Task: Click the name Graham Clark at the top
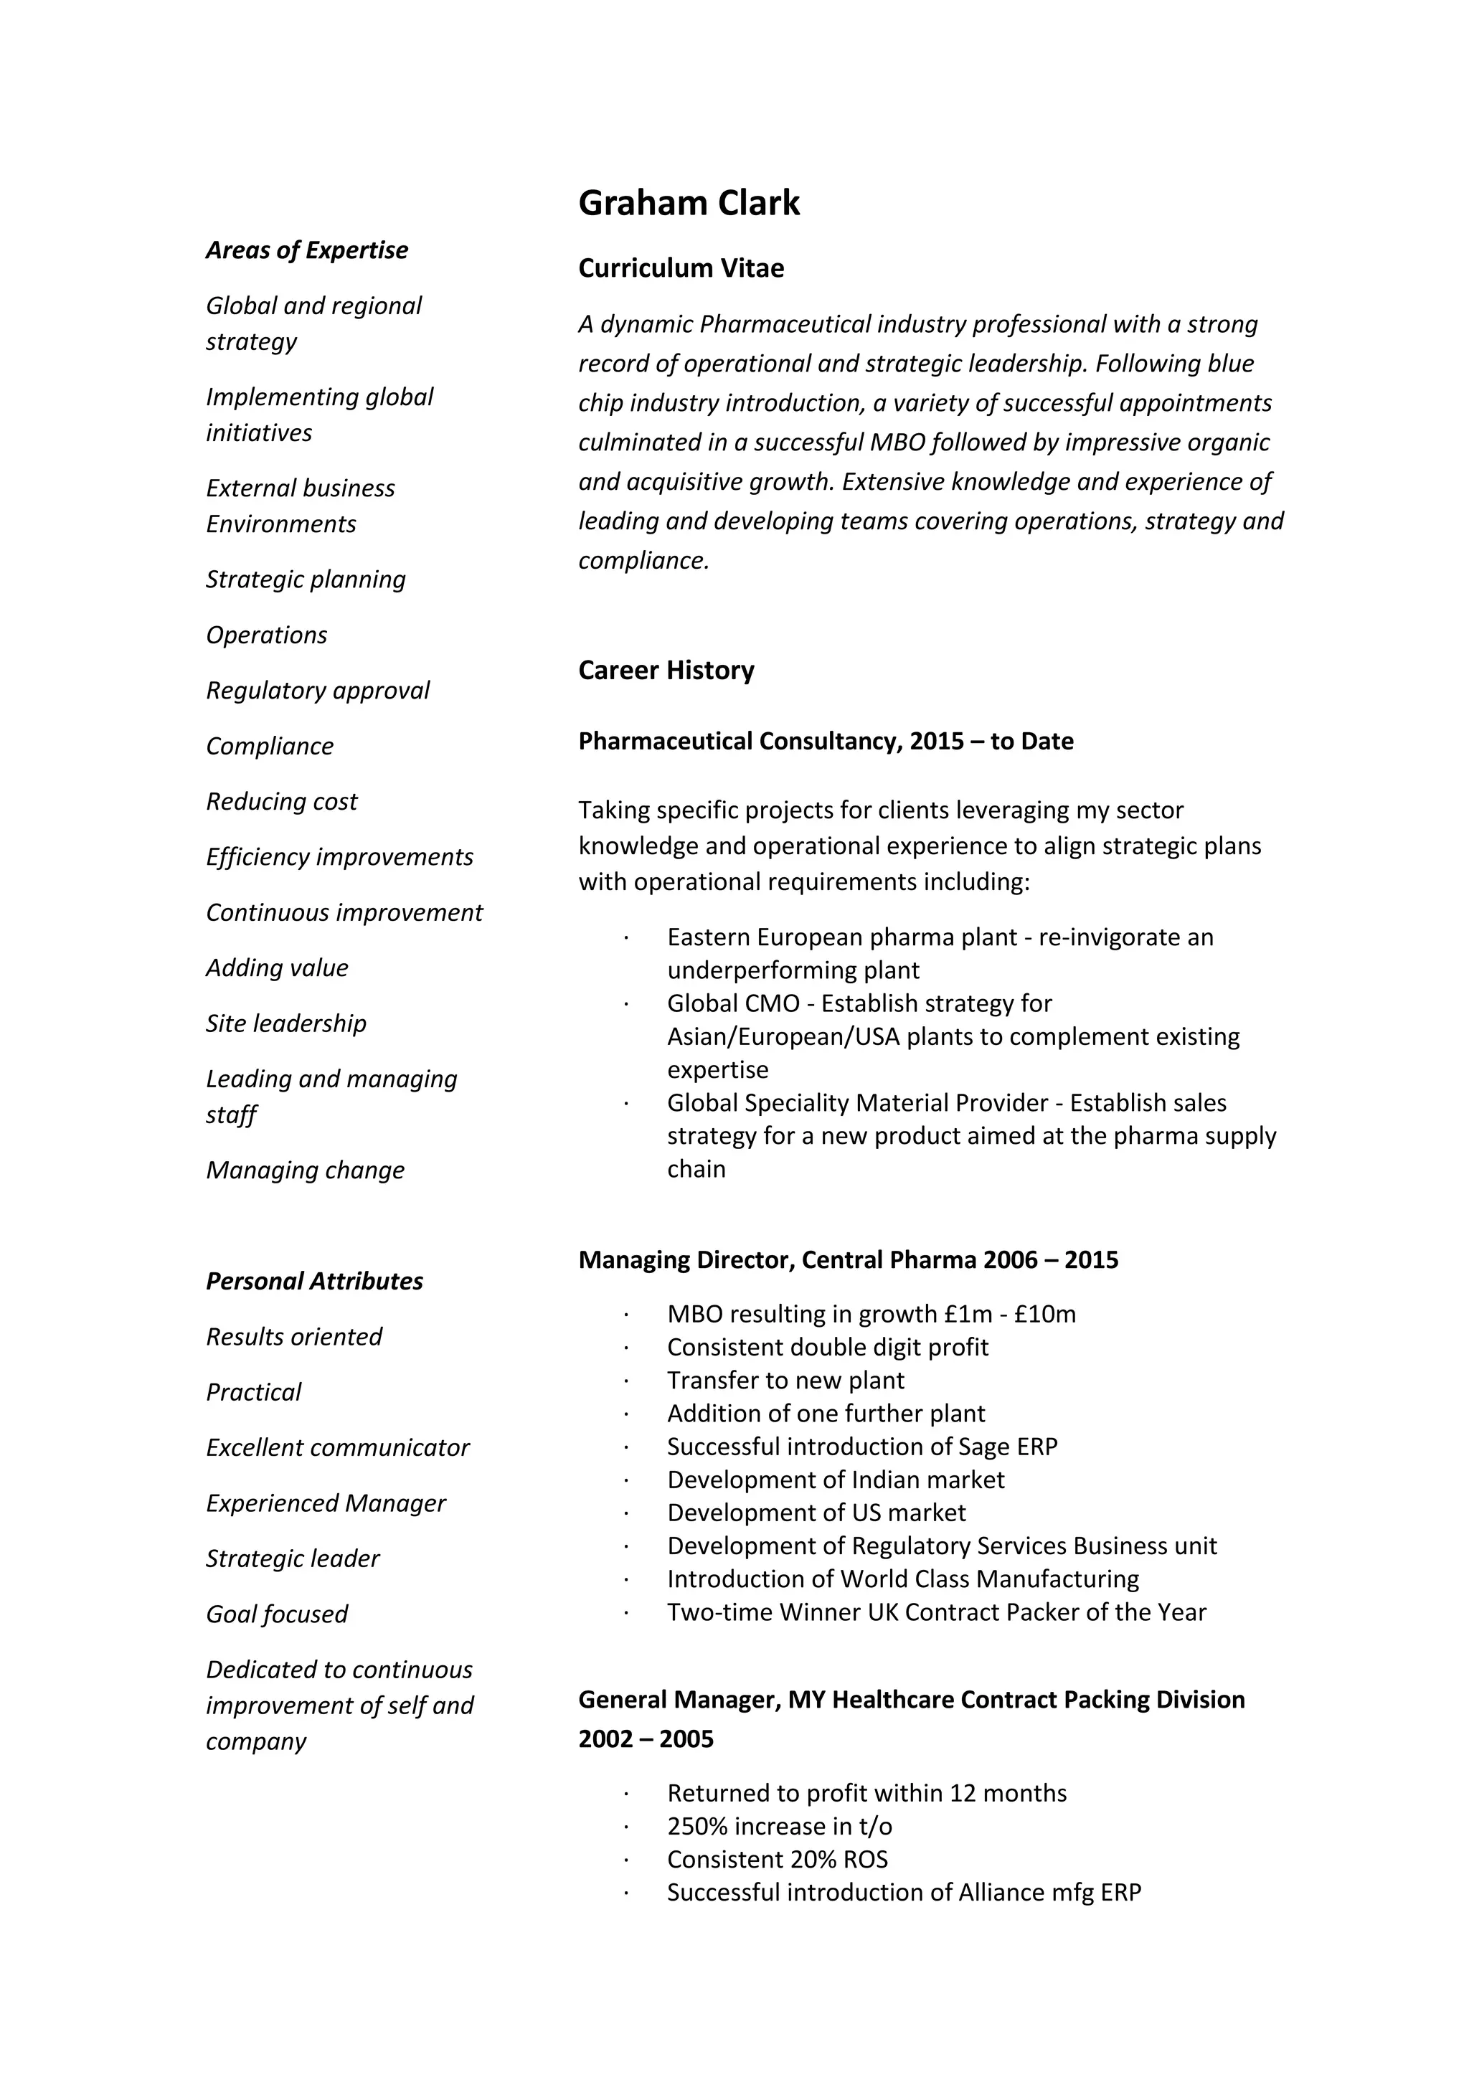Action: (x=689, y=203)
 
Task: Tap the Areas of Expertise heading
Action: (x=307, y=250)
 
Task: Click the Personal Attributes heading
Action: (x=314, y=1281)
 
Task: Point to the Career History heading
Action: (x=666, y=671)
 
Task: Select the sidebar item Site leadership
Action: (x=286, y=1023)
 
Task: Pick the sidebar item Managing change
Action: (x=305, y=1170)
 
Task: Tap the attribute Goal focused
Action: (x=277, y=1614)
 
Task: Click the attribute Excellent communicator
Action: (x=337, y=1447)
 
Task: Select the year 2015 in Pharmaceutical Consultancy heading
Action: (x=936, y=741)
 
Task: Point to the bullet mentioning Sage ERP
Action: (x=861, y=1447)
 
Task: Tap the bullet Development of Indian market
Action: (x=835, y=1480)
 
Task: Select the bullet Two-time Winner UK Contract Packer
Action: (x=936, y=1612)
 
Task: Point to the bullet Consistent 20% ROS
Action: (x=777, y=1859)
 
